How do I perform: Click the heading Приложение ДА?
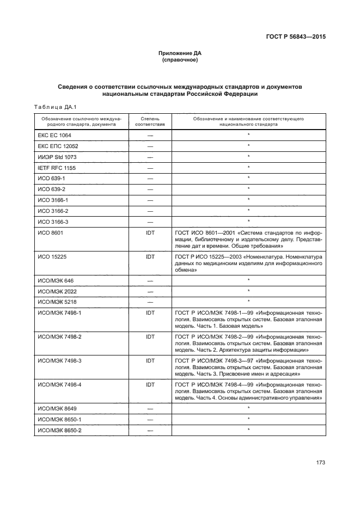tap(180, 53)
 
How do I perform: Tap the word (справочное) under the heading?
tap(180, 60)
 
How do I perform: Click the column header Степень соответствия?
tap(150, 121)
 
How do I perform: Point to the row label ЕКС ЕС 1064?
tap(54, 135)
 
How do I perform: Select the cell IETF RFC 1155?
tap(57, 168)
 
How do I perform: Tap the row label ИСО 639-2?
tap(51, 189)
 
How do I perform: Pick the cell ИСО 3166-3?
tap(53, 221)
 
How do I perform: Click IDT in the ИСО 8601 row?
tap(150, 232)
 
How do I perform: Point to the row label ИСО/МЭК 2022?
tap(56, 291)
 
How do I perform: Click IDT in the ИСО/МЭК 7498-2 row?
tap(150, 337)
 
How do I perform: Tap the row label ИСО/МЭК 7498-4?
tap(59, 385)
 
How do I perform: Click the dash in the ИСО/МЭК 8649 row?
tap(150, 408)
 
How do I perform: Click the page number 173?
tap(320, 463)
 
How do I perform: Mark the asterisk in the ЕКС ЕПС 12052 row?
tap(248, 146)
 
